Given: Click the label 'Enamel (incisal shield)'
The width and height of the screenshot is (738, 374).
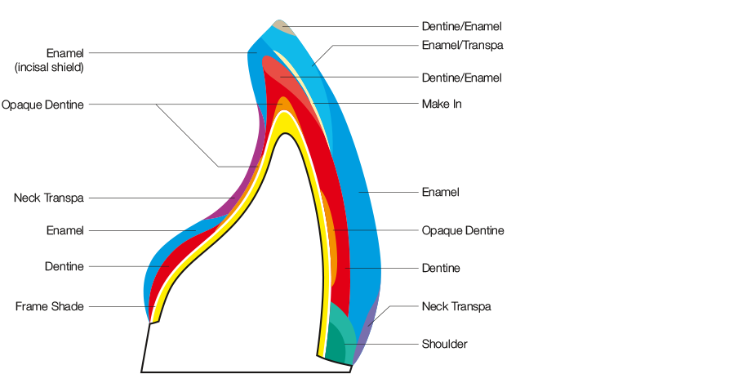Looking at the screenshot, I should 50,60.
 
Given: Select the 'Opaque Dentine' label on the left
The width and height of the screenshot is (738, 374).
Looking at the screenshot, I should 42,105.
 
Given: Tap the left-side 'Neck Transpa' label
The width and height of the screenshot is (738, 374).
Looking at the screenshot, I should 49,198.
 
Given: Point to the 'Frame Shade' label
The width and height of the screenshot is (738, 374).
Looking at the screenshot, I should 50,307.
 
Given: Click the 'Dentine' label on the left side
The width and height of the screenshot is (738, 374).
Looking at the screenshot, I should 64,267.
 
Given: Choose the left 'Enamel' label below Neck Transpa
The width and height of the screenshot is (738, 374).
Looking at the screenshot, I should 64,231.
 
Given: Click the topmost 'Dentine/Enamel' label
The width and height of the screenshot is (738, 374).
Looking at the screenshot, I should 461,27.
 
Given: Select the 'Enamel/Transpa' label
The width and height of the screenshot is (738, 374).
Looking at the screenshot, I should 462,46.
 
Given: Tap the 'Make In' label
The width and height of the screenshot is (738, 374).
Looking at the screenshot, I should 442,105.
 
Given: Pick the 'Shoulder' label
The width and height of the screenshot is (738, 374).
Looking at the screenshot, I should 444,345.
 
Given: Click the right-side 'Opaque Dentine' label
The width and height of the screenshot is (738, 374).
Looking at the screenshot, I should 463,231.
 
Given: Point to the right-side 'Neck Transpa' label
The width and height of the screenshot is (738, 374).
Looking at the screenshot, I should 456,307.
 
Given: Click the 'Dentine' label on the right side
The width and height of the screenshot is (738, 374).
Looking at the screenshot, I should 441,268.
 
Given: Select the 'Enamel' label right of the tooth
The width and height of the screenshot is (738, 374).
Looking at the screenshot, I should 440,193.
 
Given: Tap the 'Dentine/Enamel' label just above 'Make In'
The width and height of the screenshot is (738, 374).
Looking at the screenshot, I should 461,78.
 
